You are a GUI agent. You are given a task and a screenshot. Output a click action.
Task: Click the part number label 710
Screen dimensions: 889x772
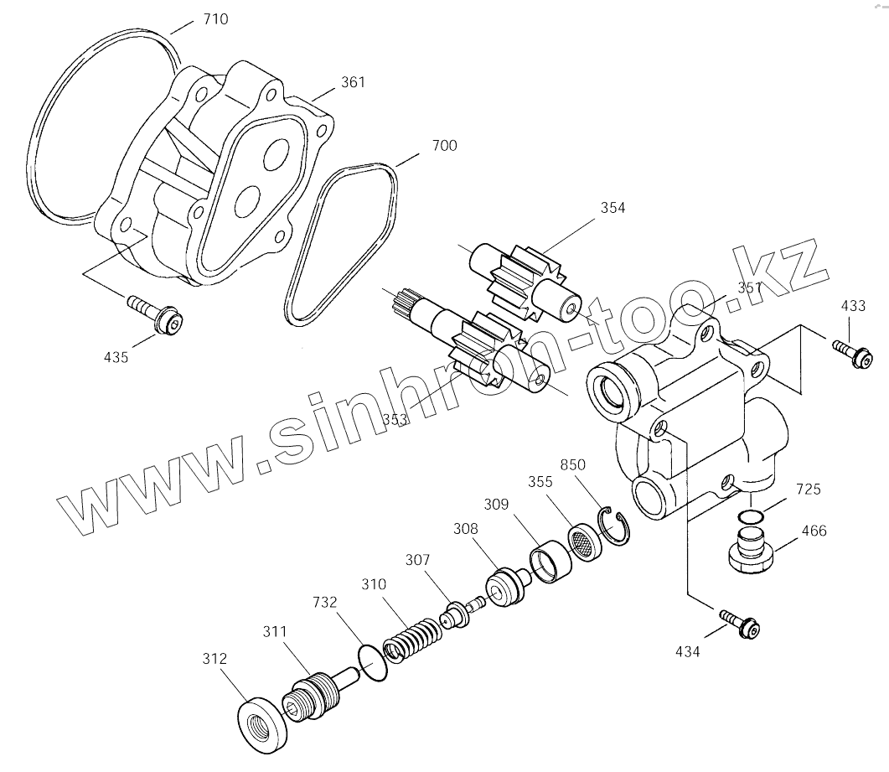(x=215, y=18)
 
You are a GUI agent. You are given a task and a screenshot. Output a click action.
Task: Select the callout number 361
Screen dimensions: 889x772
(x=353, y=82)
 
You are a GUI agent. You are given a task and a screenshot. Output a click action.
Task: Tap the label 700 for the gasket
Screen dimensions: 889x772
(x=444, y=146)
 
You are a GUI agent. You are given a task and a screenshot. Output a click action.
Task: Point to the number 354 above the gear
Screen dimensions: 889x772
(x=612, y=208)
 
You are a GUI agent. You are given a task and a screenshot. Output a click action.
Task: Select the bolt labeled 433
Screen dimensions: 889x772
(x=854, y=352)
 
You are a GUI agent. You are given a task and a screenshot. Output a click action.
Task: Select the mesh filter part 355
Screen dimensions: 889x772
(x=585, y=542)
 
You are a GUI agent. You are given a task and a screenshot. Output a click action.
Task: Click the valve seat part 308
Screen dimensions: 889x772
(x=505, y=587)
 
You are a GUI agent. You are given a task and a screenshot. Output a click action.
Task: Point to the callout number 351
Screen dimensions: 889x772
(x=750, y=287)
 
